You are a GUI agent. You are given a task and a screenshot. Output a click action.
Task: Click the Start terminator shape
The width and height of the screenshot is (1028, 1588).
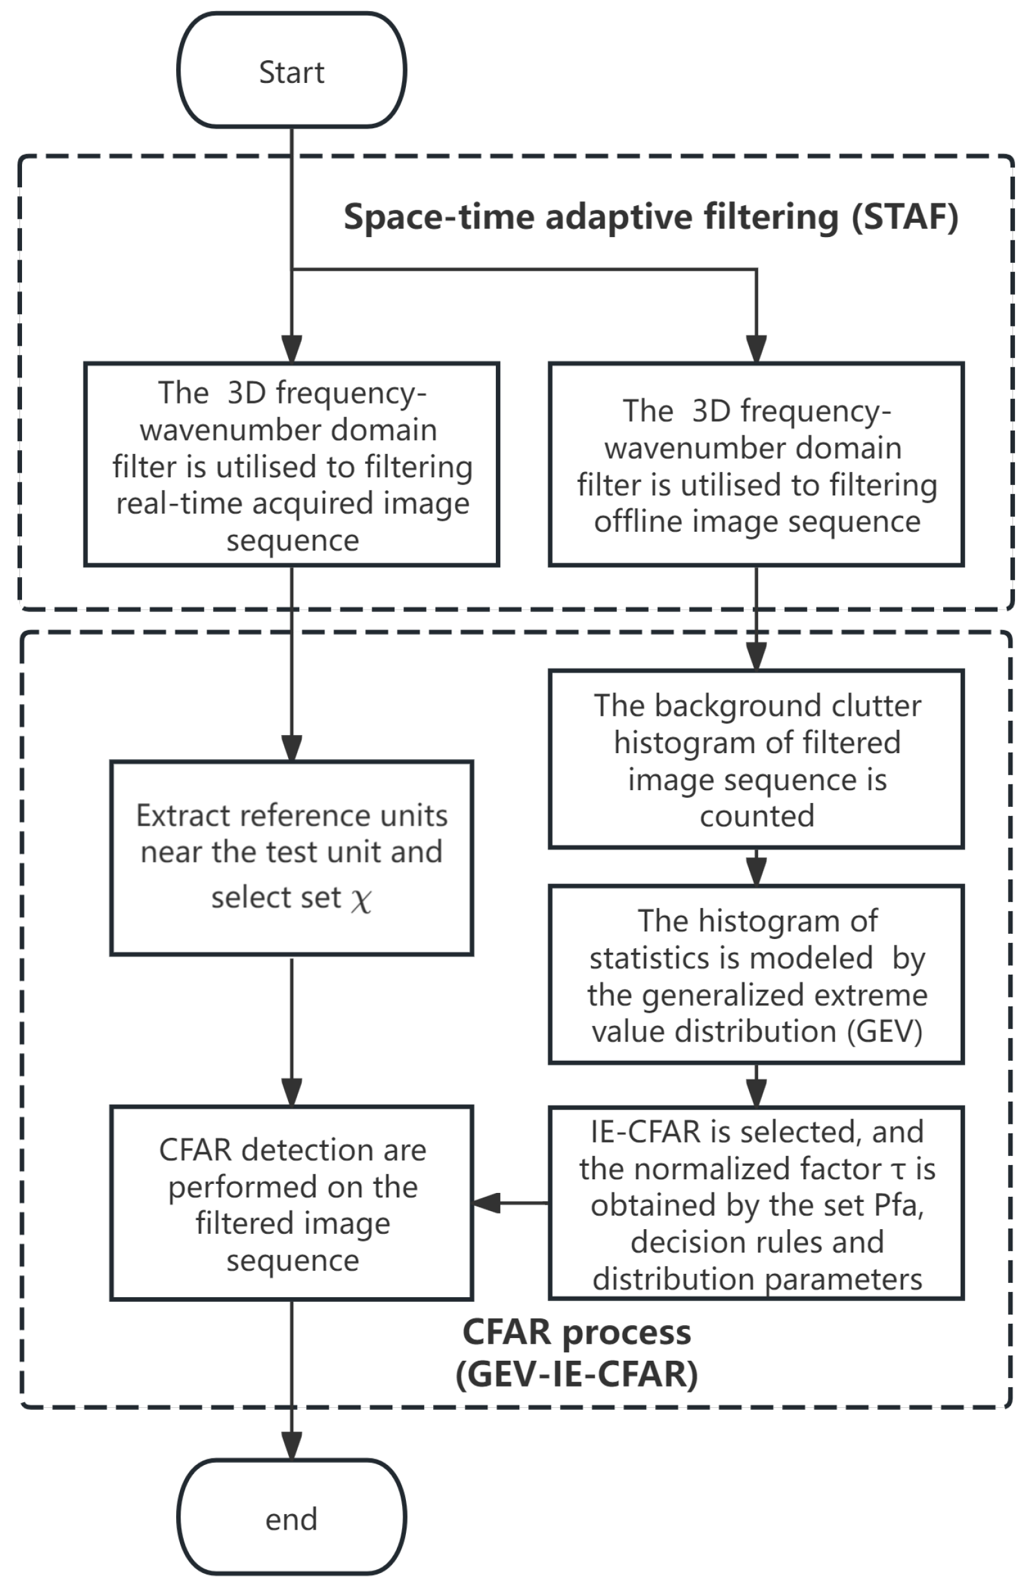click(291, 71)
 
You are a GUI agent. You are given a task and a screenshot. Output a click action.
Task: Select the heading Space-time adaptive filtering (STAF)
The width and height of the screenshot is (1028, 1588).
click(651, 218)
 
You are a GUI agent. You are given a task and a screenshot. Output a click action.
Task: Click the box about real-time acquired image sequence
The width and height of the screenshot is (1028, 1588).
click(291, 464)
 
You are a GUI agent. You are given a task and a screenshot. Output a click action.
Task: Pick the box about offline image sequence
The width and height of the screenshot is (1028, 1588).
click(756, 464)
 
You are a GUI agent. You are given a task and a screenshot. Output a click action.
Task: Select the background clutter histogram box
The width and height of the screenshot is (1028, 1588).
click(756, 759)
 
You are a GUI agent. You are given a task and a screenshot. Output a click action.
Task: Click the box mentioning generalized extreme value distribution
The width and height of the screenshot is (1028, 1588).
click(756, 975)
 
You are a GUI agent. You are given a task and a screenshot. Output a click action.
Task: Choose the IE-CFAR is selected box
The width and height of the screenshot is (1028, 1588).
click(756, 1203)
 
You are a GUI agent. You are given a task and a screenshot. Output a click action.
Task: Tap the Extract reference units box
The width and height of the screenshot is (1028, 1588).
click(291, 857)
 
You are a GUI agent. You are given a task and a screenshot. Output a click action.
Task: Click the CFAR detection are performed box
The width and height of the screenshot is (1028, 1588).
click(291, 1203)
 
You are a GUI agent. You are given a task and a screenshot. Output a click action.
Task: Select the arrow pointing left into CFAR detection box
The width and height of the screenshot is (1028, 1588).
click(487, 1203)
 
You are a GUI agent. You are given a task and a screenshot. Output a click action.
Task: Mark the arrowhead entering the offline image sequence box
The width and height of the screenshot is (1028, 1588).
click(756, 348)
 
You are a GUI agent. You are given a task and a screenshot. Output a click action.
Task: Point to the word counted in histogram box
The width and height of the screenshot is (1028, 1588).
click(757, 816)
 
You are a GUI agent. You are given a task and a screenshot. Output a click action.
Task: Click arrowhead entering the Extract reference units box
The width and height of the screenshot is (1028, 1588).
click(291, 747)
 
